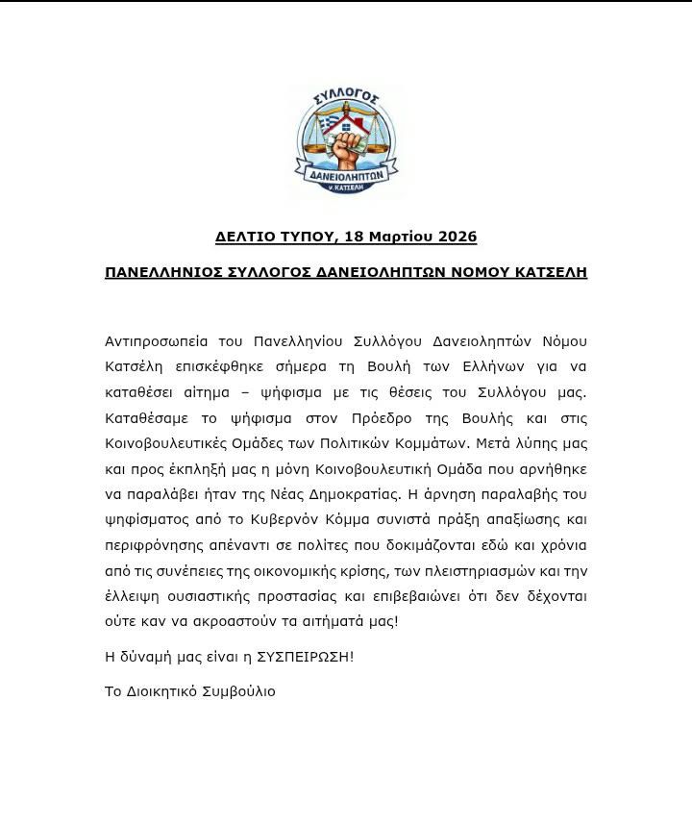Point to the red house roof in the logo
(349, 122)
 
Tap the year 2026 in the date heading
(457, 237)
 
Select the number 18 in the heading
(354, 237)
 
